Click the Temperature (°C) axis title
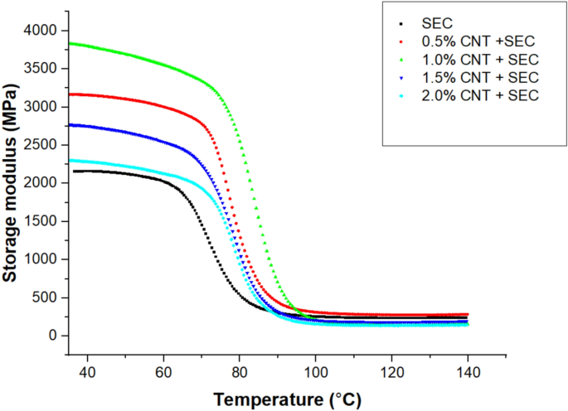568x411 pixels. tap(288, 399)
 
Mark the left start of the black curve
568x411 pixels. tap(73, 172)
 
